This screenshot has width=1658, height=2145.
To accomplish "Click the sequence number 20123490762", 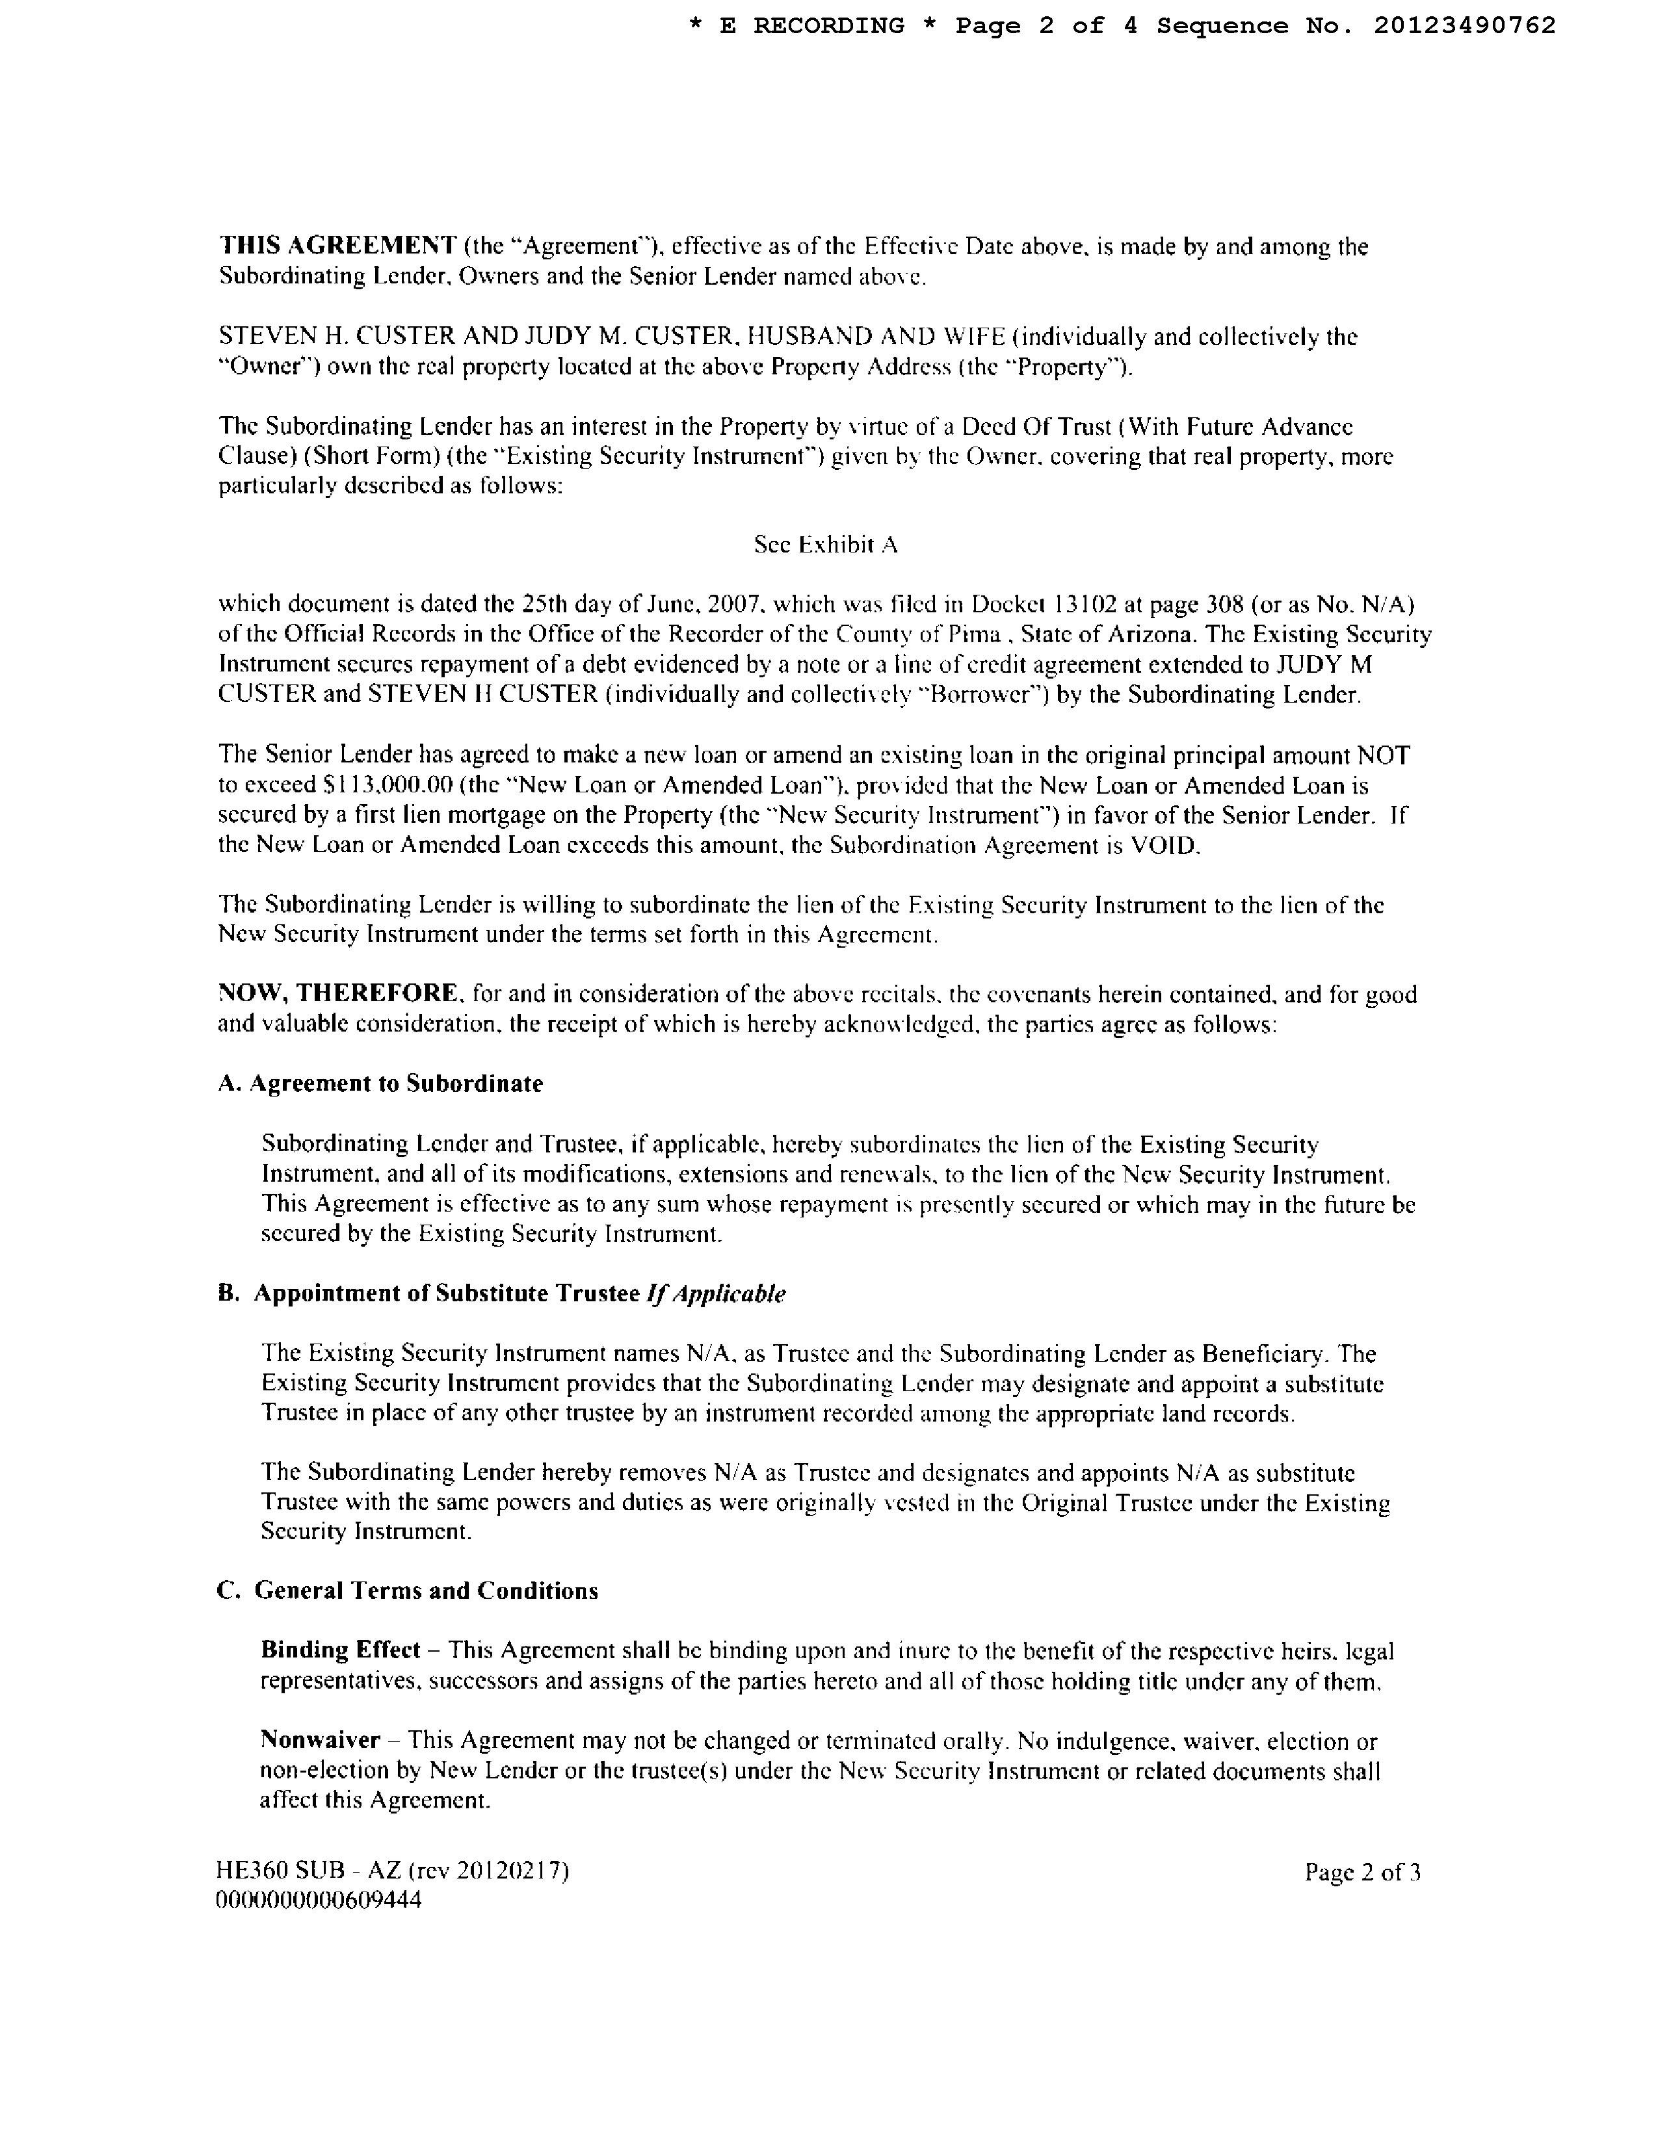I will click(1464, 25).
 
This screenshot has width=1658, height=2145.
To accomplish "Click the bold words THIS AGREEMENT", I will click(337, 246).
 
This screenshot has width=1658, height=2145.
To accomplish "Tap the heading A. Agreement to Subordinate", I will click(380, 1084).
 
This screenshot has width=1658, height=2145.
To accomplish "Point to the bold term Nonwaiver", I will click(320, 1740).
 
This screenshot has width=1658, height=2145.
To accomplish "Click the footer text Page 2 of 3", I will click(1362, 1872).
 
